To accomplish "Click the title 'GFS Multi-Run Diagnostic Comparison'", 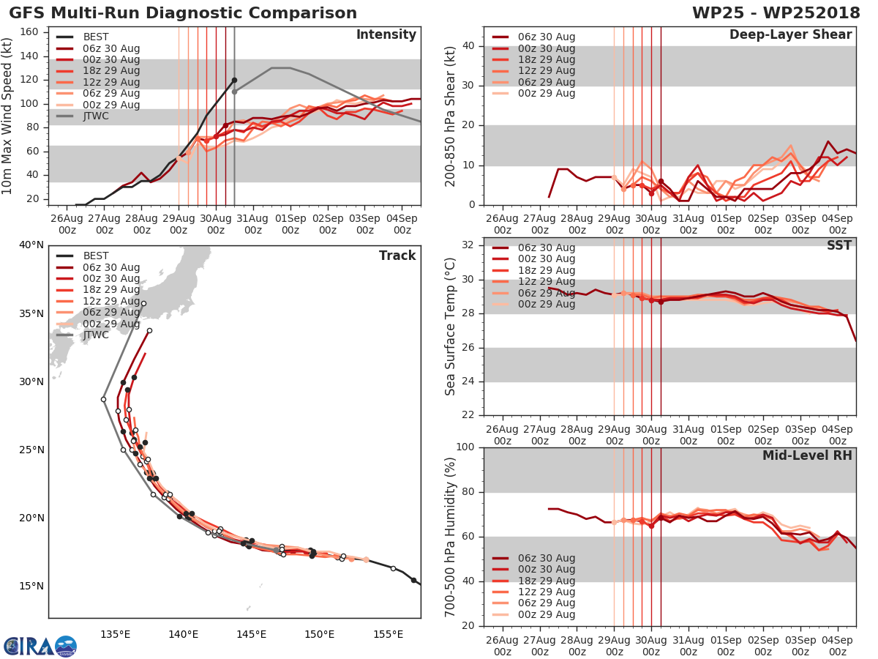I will coord(183,13).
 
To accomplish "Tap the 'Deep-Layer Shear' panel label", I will coord(790,35).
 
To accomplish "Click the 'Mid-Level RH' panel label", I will coord(807,455).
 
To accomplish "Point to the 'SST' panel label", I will coord(839,245).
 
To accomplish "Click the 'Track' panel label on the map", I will coord(397,256).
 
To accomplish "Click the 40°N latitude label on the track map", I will coord(31,245).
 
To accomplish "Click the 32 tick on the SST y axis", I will coord(470,245).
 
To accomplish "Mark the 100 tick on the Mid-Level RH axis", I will coord(466,447).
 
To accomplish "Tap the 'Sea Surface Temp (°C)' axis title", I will coord(451,326).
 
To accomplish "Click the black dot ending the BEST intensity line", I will coord(234,80).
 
